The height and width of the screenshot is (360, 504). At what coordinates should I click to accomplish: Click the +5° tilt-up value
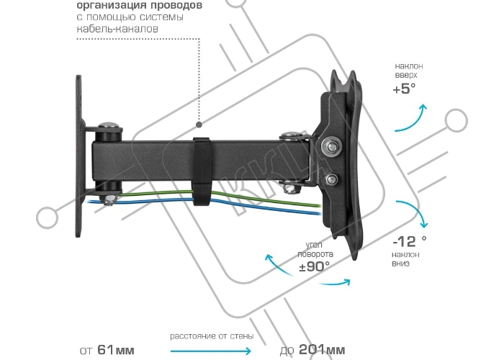pyautogui.click(x=404, y=89)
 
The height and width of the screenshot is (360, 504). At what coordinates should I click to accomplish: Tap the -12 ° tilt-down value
pyautogui.click(x=410, y=241)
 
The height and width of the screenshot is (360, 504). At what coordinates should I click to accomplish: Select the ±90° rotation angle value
pyautogui.click(x=314, y=266)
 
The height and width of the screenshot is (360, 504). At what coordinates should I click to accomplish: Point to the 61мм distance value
pyautogui.click(x=116, y=350)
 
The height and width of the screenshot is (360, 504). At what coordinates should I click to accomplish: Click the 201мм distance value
pyautogui.click(x=322, y=349)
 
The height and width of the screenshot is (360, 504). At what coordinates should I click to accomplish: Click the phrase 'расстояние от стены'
pyautogui.click(x=212, y=336)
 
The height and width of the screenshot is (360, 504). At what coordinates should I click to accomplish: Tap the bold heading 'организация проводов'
pyautogui.click(x=140, y=6)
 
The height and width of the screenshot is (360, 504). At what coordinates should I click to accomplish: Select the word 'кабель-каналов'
pyautogui.click(x=117, y=28)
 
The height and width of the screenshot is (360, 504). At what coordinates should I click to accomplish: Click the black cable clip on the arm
pyautogui.click(x=202, y=171)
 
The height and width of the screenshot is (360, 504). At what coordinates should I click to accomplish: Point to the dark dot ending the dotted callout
pyautogui.click(x=199, y=125)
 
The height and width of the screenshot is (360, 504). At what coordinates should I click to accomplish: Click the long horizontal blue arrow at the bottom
pyautogui.click(x=210, y=351)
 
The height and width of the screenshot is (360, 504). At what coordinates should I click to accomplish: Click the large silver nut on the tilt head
pyautogui.click(x=331, y=147)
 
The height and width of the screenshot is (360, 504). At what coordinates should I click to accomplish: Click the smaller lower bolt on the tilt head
pyautogui.click(x=331, y=179)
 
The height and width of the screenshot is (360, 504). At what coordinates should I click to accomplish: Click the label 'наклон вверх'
pyautogui.click(x=409, y=71)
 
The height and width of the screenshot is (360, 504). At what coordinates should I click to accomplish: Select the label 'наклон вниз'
pyautogui.click(x=405, y=259)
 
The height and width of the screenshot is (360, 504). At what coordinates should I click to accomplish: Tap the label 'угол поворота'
pyautogui.click(x=315, y=249)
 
